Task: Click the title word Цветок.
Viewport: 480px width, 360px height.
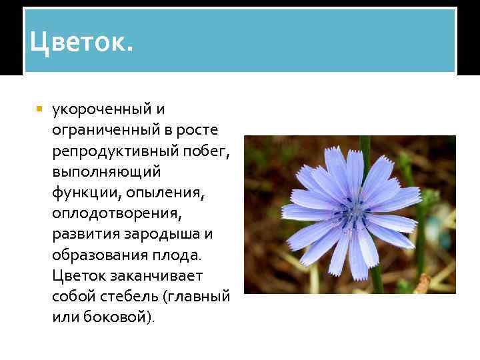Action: point(81,44)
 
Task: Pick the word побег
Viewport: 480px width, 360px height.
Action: point(203,151)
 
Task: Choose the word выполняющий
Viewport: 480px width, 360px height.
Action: point(106,171)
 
